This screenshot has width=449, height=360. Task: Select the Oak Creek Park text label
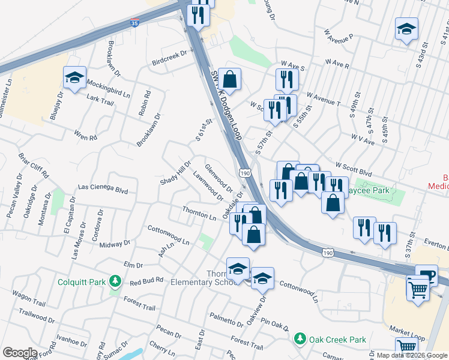click(x=338, y=340)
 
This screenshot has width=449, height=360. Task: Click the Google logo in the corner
click(x=20, y=353)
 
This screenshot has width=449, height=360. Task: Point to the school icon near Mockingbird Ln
click(x=75, y=77)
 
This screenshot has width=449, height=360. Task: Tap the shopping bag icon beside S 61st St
click(x=229, y=79)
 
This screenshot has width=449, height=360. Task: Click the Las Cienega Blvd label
click(x=103, y=190)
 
